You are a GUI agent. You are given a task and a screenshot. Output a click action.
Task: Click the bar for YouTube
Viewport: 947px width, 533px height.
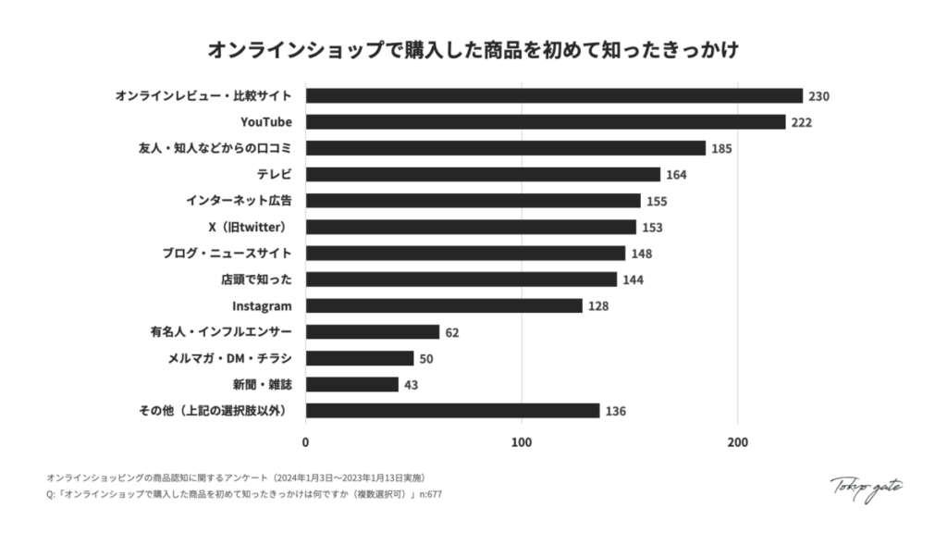coord(546,122)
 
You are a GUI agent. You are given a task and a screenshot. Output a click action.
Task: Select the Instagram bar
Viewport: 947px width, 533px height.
coord(444,305)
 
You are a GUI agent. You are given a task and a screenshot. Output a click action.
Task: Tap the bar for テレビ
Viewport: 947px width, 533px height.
coord(483,175)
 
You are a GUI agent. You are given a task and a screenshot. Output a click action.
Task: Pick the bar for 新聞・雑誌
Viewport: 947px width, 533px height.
coord(352,384)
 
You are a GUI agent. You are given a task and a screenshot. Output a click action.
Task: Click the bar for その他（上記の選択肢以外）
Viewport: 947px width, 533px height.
coord(452,410)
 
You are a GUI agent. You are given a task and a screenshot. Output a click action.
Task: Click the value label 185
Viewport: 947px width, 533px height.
coord(721,148)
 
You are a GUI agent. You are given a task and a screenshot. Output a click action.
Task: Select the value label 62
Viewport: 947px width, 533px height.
coord(451,332)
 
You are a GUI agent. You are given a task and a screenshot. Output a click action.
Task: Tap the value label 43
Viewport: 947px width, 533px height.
coord(412,384)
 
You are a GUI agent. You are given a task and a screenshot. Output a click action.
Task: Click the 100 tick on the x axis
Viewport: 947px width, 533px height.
coord(522,441)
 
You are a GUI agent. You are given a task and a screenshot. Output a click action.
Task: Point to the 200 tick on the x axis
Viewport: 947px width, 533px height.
coord(737,441)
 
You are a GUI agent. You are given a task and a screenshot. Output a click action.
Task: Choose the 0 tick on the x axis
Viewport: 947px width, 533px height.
coord(306,441)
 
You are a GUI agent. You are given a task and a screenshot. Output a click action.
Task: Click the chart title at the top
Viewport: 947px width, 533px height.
coord(473,48)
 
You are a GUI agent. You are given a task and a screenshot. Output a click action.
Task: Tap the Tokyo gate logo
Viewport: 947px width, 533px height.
coord(866,488)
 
